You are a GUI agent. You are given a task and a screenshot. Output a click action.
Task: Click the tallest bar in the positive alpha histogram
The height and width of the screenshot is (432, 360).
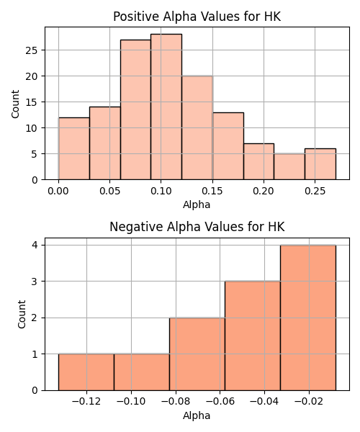point(166,107)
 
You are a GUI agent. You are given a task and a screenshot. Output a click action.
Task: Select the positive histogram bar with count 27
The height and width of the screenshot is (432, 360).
point(135,109)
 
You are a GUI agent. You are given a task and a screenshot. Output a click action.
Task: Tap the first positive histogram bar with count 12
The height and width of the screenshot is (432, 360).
point(74,149)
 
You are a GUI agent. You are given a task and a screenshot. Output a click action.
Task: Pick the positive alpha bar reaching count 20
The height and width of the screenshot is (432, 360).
point(197,128)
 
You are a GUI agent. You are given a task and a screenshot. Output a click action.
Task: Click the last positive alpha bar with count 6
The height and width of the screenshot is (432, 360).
point(320,164)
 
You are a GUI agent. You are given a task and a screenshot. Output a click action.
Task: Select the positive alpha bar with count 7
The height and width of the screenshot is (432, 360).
point(258,161)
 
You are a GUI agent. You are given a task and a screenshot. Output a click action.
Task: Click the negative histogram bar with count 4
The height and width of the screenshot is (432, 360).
point(308,318)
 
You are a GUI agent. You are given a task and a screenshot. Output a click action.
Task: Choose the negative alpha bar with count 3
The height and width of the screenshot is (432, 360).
point(253,336)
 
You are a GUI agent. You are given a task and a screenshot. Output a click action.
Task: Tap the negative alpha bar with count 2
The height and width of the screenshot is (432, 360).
point(197,354)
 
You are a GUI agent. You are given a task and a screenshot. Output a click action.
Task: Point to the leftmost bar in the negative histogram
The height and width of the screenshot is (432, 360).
point(86,372)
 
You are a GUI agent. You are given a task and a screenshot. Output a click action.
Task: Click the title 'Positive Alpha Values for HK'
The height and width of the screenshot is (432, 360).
point(197,17)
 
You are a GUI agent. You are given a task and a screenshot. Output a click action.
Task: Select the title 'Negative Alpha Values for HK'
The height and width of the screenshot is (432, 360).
point(197,227)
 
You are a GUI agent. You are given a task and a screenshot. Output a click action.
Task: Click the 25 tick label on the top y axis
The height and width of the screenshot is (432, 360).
point(32,50)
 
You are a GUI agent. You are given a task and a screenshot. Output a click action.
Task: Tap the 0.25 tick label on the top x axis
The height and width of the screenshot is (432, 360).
point(315,191)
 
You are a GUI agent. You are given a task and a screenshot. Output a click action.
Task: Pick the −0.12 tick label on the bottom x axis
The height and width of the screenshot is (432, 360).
point(86,402)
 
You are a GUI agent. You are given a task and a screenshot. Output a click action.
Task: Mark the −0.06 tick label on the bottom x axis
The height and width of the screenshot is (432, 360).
point(220,402)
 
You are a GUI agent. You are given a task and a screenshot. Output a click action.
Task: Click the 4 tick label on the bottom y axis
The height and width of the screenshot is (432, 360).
point(35,246)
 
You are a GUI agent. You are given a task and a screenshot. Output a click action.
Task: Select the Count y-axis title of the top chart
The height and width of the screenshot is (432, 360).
point(15,104)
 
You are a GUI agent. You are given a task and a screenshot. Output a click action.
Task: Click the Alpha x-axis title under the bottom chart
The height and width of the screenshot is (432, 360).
point(197,415)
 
